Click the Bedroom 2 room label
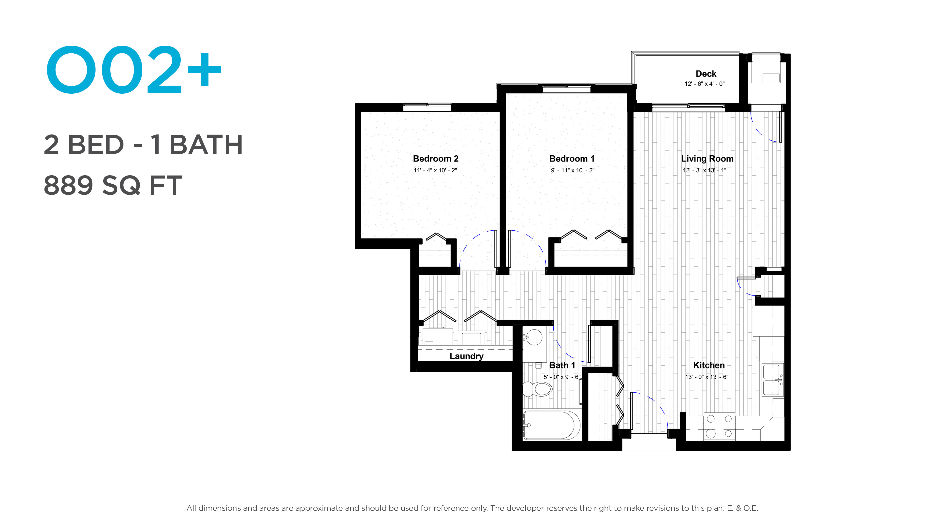[x=435, y=159]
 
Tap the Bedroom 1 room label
[x=572, y=159]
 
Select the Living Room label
[x=707, y=159]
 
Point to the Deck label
[x=706, y=74]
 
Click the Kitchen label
[x=709, y=365]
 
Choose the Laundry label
[x=467, y=356]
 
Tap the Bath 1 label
[x=562, y=365]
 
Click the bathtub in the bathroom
[x=551, y=425]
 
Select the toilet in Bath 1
[x=537, y=389]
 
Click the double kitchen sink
[x=772, y=380]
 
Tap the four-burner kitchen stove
[x=719, y=427]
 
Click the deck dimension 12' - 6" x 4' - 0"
[x=704, y=84]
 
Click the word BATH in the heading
[x=206, y=145]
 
